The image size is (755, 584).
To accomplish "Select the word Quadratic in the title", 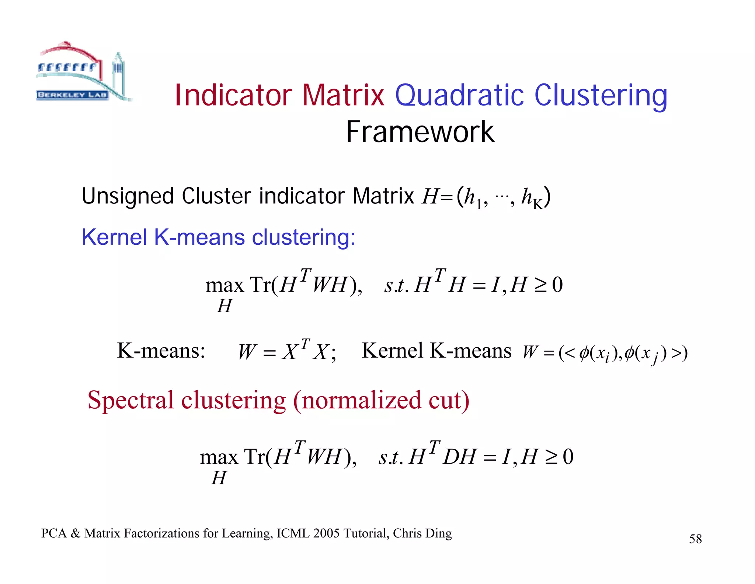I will pos(459,95).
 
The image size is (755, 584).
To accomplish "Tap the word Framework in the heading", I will pos(420,132).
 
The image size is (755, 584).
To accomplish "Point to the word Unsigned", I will pos(128,196).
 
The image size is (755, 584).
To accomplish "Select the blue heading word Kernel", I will pos(114,237).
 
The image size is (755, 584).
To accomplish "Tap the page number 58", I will pos(695,539).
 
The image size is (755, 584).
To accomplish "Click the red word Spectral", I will pos(131,400).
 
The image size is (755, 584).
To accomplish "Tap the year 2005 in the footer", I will pos(326,533).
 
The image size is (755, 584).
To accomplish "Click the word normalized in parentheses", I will pos(361,400).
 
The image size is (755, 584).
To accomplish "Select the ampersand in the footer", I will pos(76,533).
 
